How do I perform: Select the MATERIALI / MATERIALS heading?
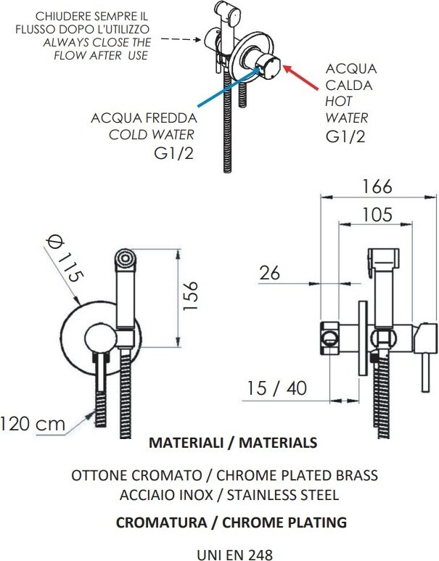click(x=231, y=442)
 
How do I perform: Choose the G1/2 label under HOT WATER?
click(x=345, y=137)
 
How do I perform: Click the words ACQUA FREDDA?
click(x=142, y=118)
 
